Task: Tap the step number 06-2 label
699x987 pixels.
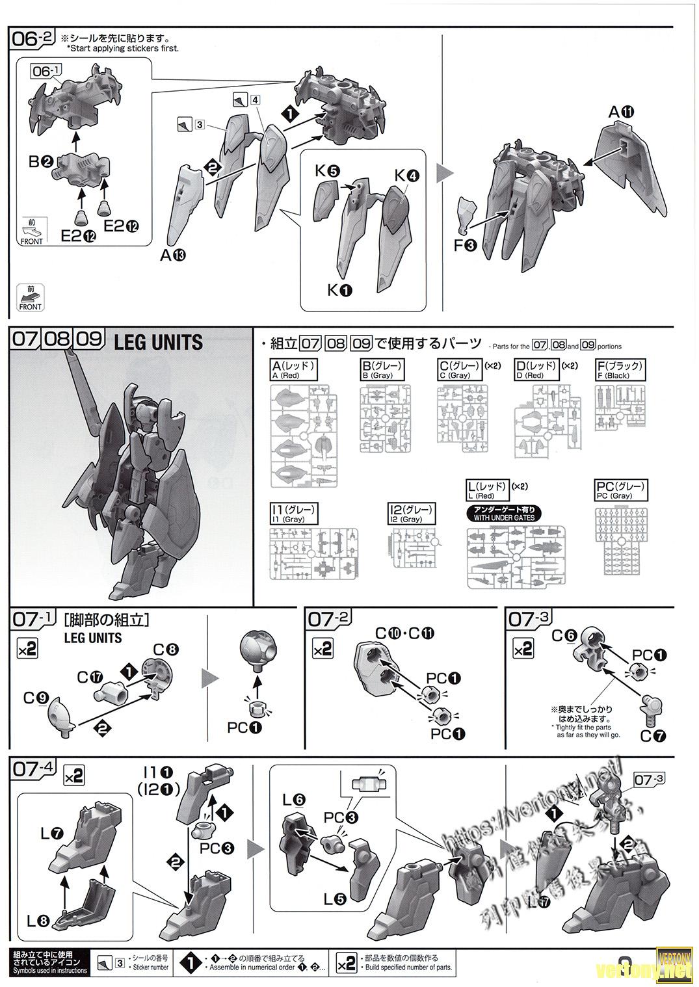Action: [x=34, y=38]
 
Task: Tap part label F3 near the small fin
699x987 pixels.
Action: [x=466, y=246]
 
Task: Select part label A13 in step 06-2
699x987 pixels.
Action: [x=172, y=256]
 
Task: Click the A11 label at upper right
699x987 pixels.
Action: [x=620, y=112]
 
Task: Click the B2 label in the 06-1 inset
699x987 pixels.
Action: [x=40, y=162]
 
